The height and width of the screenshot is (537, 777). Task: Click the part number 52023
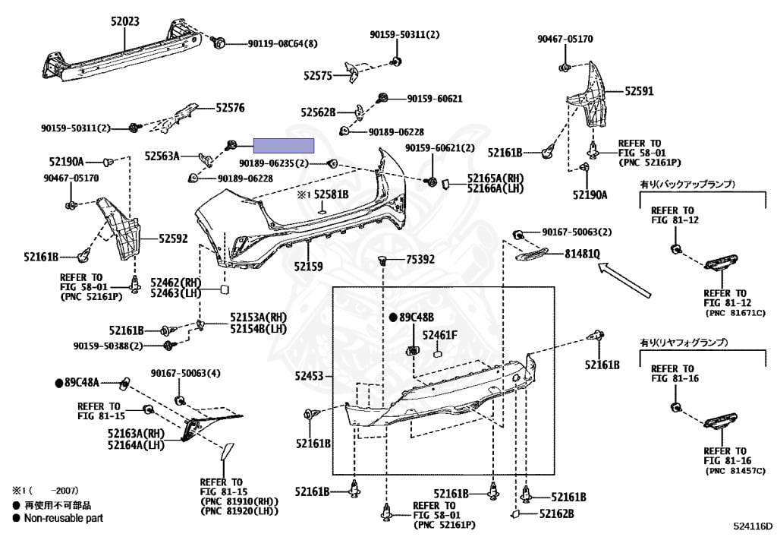tap(125, 21)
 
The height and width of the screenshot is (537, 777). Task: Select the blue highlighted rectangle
tap(284, 145)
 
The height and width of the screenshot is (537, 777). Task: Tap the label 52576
tap(230, 108)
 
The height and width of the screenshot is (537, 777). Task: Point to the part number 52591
tap(639, 91)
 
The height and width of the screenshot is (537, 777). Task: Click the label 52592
tap(174, 238)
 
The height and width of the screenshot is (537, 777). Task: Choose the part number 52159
tap(308, 267)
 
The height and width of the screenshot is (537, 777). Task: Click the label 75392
tap(420, 259)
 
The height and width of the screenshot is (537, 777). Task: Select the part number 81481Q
tap(582, 254)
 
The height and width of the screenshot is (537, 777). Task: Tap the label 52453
tap(310, 376)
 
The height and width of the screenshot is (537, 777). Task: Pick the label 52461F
tap(439, 336)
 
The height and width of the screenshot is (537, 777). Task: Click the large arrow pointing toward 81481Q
tap(624, 280)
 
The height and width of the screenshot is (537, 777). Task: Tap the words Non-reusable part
tap(64, 519)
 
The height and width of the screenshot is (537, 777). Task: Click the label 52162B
tap(556, 513)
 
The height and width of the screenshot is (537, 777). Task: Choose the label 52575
tap(318, 76)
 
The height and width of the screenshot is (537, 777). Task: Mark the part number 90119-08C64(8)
tap(282, 43)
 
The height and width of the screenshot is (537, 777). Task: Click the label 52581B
tap(331, 195)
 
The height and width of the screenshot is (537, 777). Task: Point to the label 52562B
tap(318, 112)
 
